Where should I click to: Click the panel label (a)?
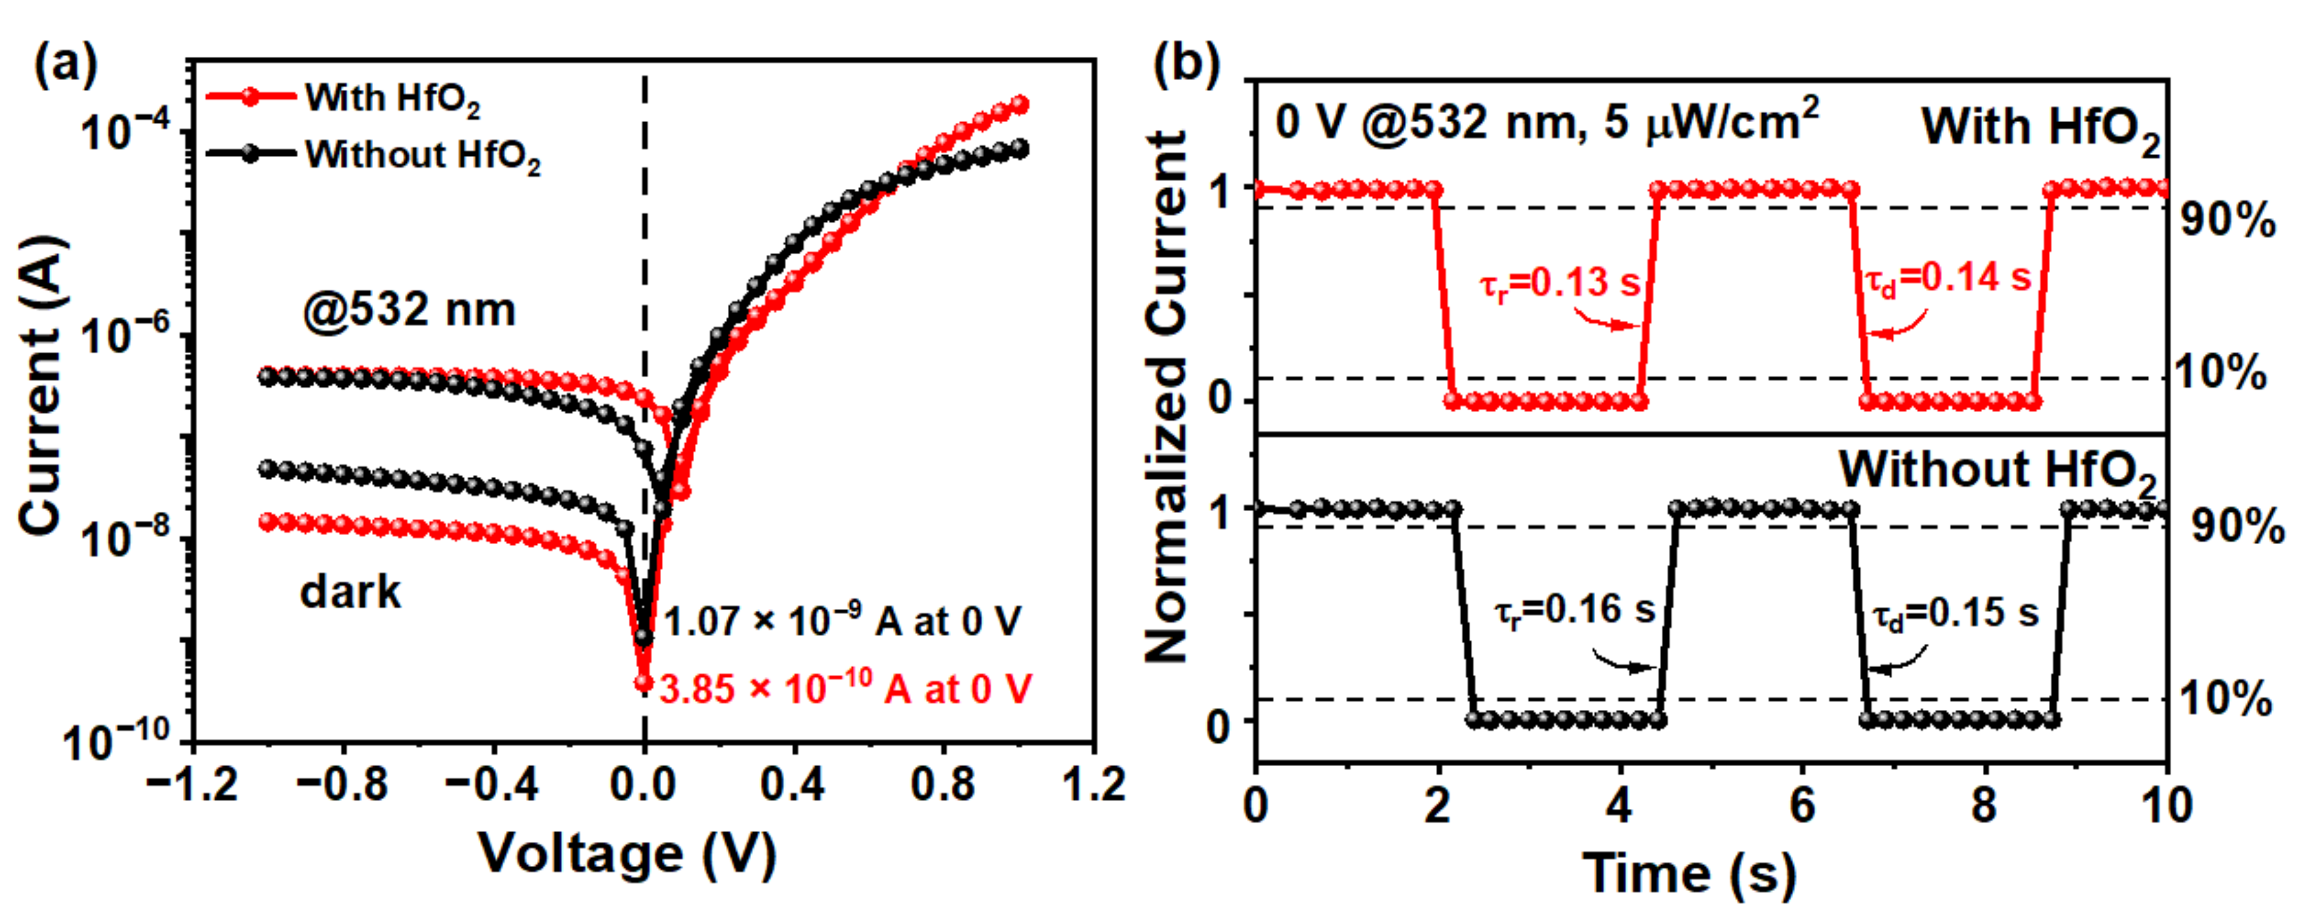tap(65, 67)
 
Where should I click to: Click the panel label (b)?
tap(1186, 65)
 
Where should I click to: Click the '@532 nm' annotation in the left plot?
tap(410, 310)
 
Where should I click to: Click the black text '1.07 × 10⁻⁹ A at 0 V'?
tap(842, 621)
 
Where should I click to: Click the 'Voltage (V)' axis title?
tap(627, 852)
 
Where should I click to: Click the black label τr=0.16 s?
tap(1574, 611)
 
